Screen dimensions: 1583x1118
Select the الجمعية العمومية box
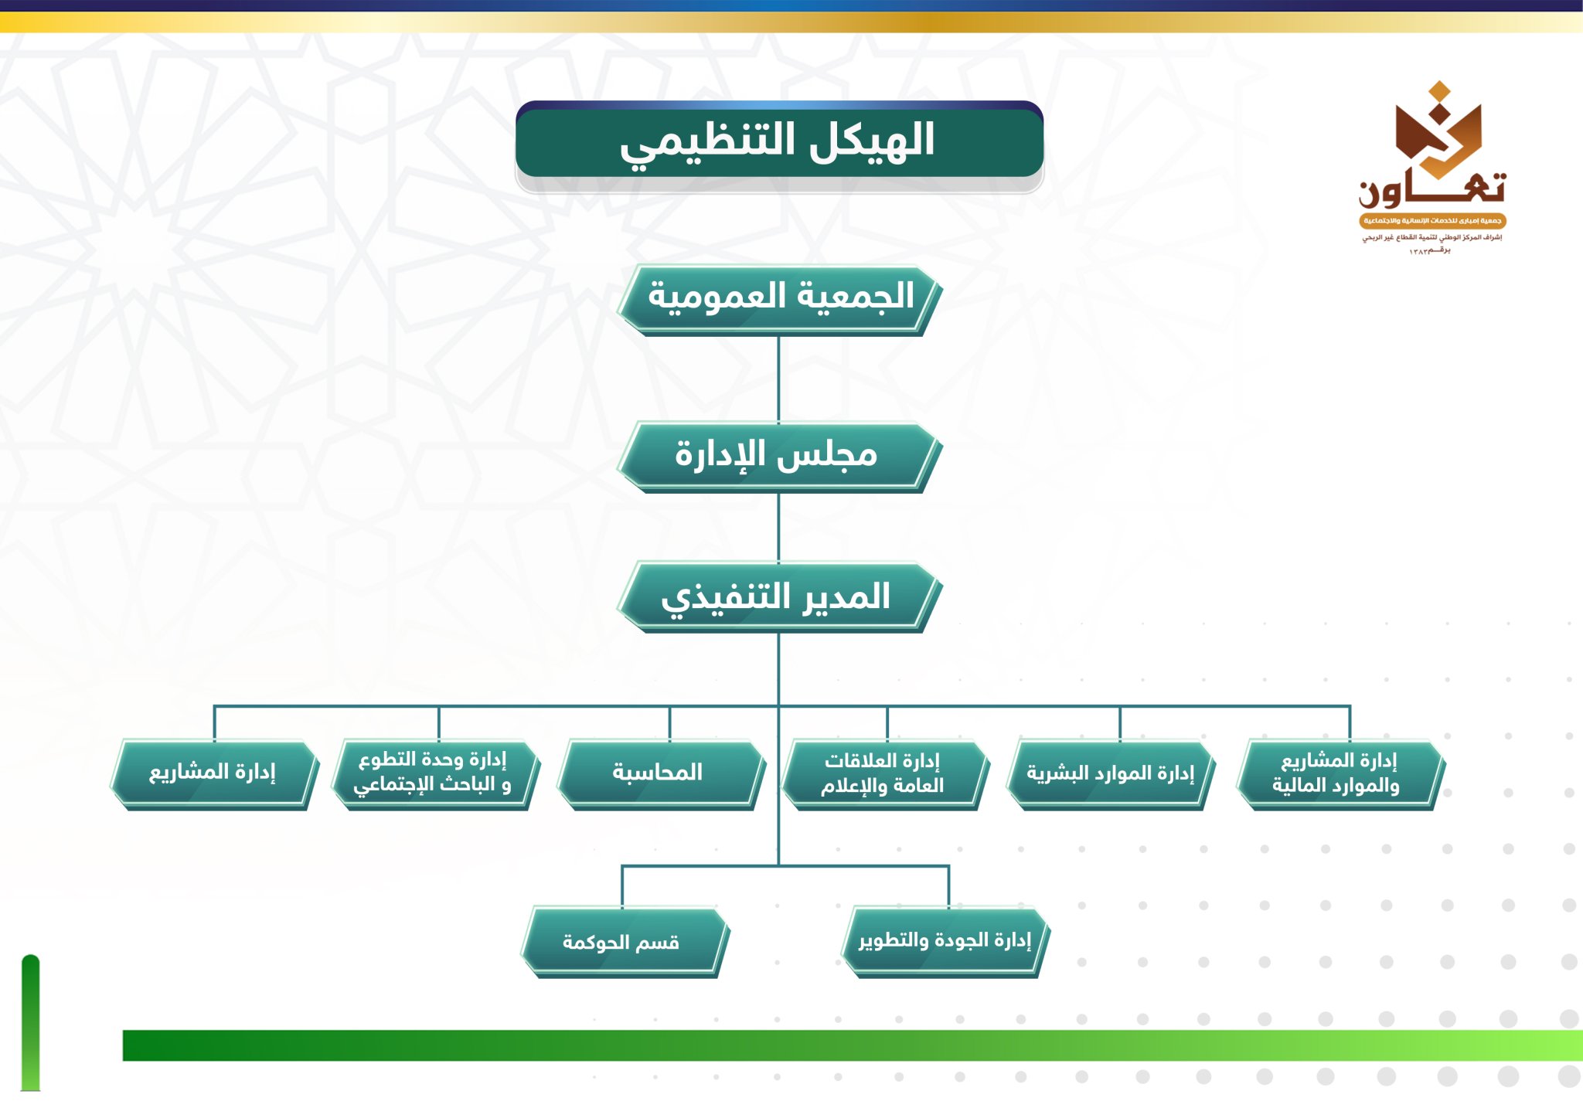click(779, 300)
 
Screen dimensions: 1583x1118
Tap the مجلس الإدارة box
click(779, 457)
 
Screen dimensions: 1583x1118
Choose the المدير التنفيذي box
click(779, 597)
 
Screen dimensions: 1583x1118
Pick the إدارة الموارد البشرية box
click(1111, 774)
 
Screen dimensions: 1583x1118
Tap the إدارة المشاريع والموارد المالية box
click(1341, 774)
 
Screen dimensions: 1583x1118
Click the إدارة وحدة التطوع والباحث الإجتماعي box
click(436, 774)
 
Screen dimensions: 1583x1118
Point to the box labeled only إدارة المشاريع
click(214, 774)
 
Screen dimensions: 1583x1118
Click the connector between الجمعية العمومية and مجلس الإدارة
click(778, 379)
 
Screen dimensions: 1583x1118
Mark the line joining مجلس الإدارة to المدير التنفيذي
click(778, 528)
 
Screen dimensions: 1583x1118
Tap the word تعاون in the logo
click(1432, 189)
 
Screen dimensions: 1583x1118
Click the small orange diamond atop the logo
click(1438, 92)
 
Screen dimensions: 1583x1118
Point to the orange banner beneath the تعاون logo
click(1432, 221)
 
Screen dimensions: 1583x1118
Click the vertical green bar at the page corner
click(30, 1023)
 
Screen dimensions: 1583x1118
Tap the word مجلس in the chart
click(827, 454)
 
